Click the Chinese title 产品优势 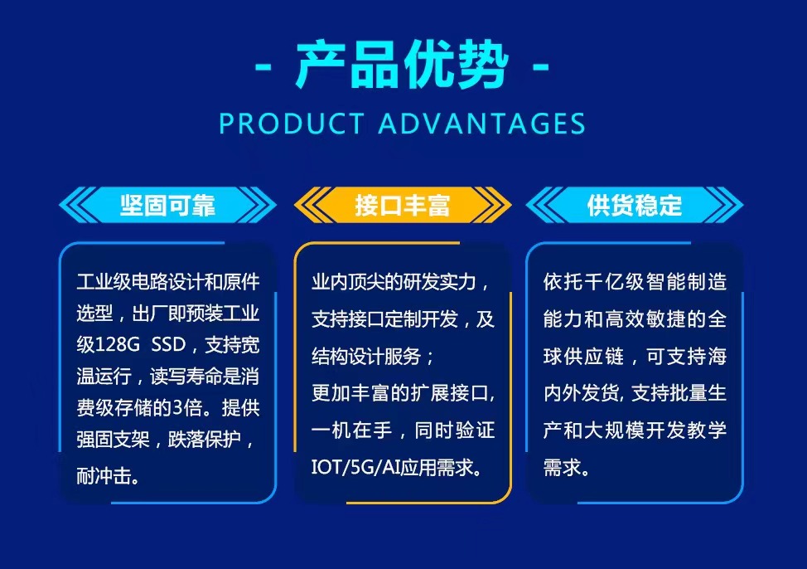(x=403, y=65)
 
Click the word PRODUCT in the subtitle (x=292, y=124)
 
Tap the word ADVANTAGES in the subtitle (x=482, y=124)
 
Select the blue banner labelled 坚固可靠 (x=168, y=205)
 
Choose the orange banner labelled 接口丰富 (x=403, y=205)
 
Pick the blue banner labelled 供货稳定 (x=635, y=205)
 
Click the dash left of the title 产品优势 (x=263, y=66)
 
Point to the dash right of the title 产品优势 (x=540, y=66)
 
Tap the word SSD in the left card (x=168, y=345)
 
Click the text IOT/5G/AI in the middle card (x=355, y=467)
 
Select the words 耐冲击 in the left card (x=103, y=475)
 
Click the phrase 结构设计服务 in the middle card (x=366, y=356)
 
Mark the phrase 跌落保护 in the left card (x=205, y=439)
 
